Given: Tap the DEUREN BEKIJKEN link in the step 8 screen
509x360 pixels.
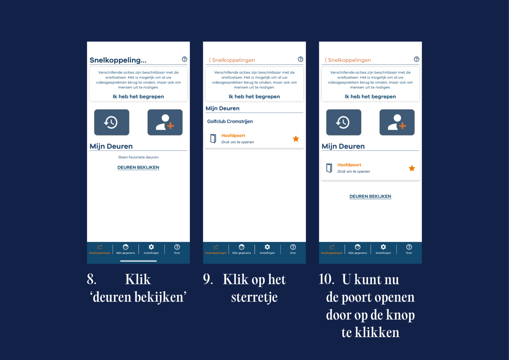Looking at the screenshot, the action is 138,167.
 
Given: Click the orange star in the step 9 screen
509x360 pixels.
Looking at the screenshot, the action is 296,138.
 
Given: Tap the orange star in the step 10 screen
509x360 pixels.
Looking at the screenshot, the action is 412,168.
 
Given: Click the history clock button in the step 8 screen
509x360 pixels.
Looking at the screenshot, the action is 112,122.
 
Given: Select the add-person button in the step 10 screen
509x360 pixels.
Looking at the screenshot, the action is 397,122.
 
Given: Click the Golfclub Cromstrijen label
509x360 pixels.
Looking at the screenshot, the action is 230,122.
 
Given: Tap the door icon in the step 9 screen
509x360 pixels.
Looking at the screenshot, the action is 213,138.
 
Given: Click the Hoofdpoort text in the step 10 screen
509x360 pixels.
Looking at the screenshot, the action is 349,165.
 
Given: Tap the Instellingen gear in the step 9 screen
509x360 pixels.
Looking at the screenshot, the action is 267,247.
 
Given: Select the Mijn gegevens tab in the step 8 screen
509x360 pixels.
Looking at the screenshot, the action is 125,249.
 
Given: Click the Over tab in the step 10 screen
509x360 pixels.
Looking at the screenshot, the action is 409,249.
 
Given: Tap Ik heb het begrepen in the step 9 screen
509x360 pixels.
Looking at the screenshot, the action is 254,96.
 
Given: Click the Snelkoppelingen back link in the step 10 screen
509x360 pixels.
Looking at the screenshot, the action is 348,60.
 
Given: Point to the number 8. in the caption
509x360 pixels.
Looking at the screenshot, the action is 92,279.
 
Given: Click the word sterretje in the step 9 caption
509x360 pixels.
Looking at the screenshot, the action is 254,297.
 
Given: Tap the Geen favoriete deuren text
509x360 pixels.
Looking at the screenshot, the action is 138,157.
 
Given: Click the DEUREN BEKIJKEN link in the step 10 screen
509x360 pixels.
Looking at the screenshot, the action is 370,196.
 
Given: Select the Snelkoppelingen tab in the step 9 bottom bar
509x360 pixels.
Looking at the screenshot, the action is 216,249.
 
